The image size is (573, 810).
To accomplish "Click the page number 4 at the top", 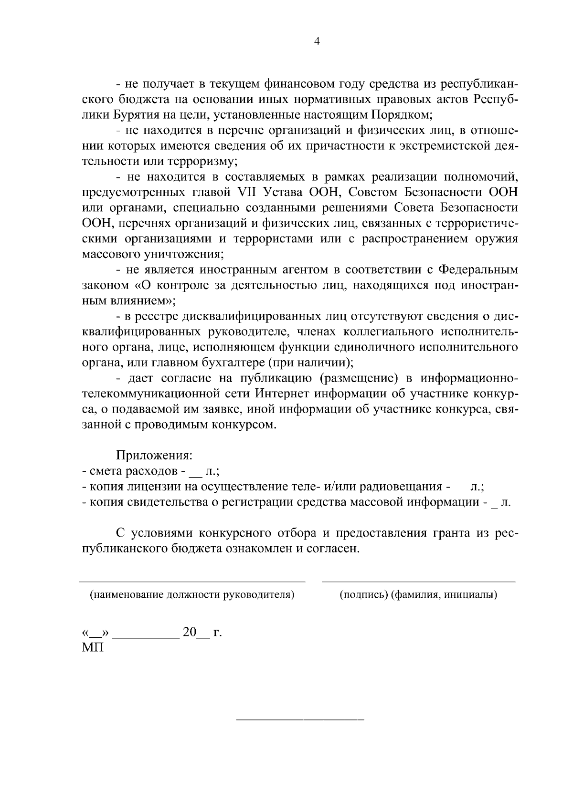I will [x=317, y=42].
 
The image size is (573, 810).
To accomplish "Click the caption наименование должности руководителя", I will [x=192, y=595].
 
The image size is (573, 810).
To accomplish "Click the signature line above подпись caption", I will [x=418, y=582].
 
